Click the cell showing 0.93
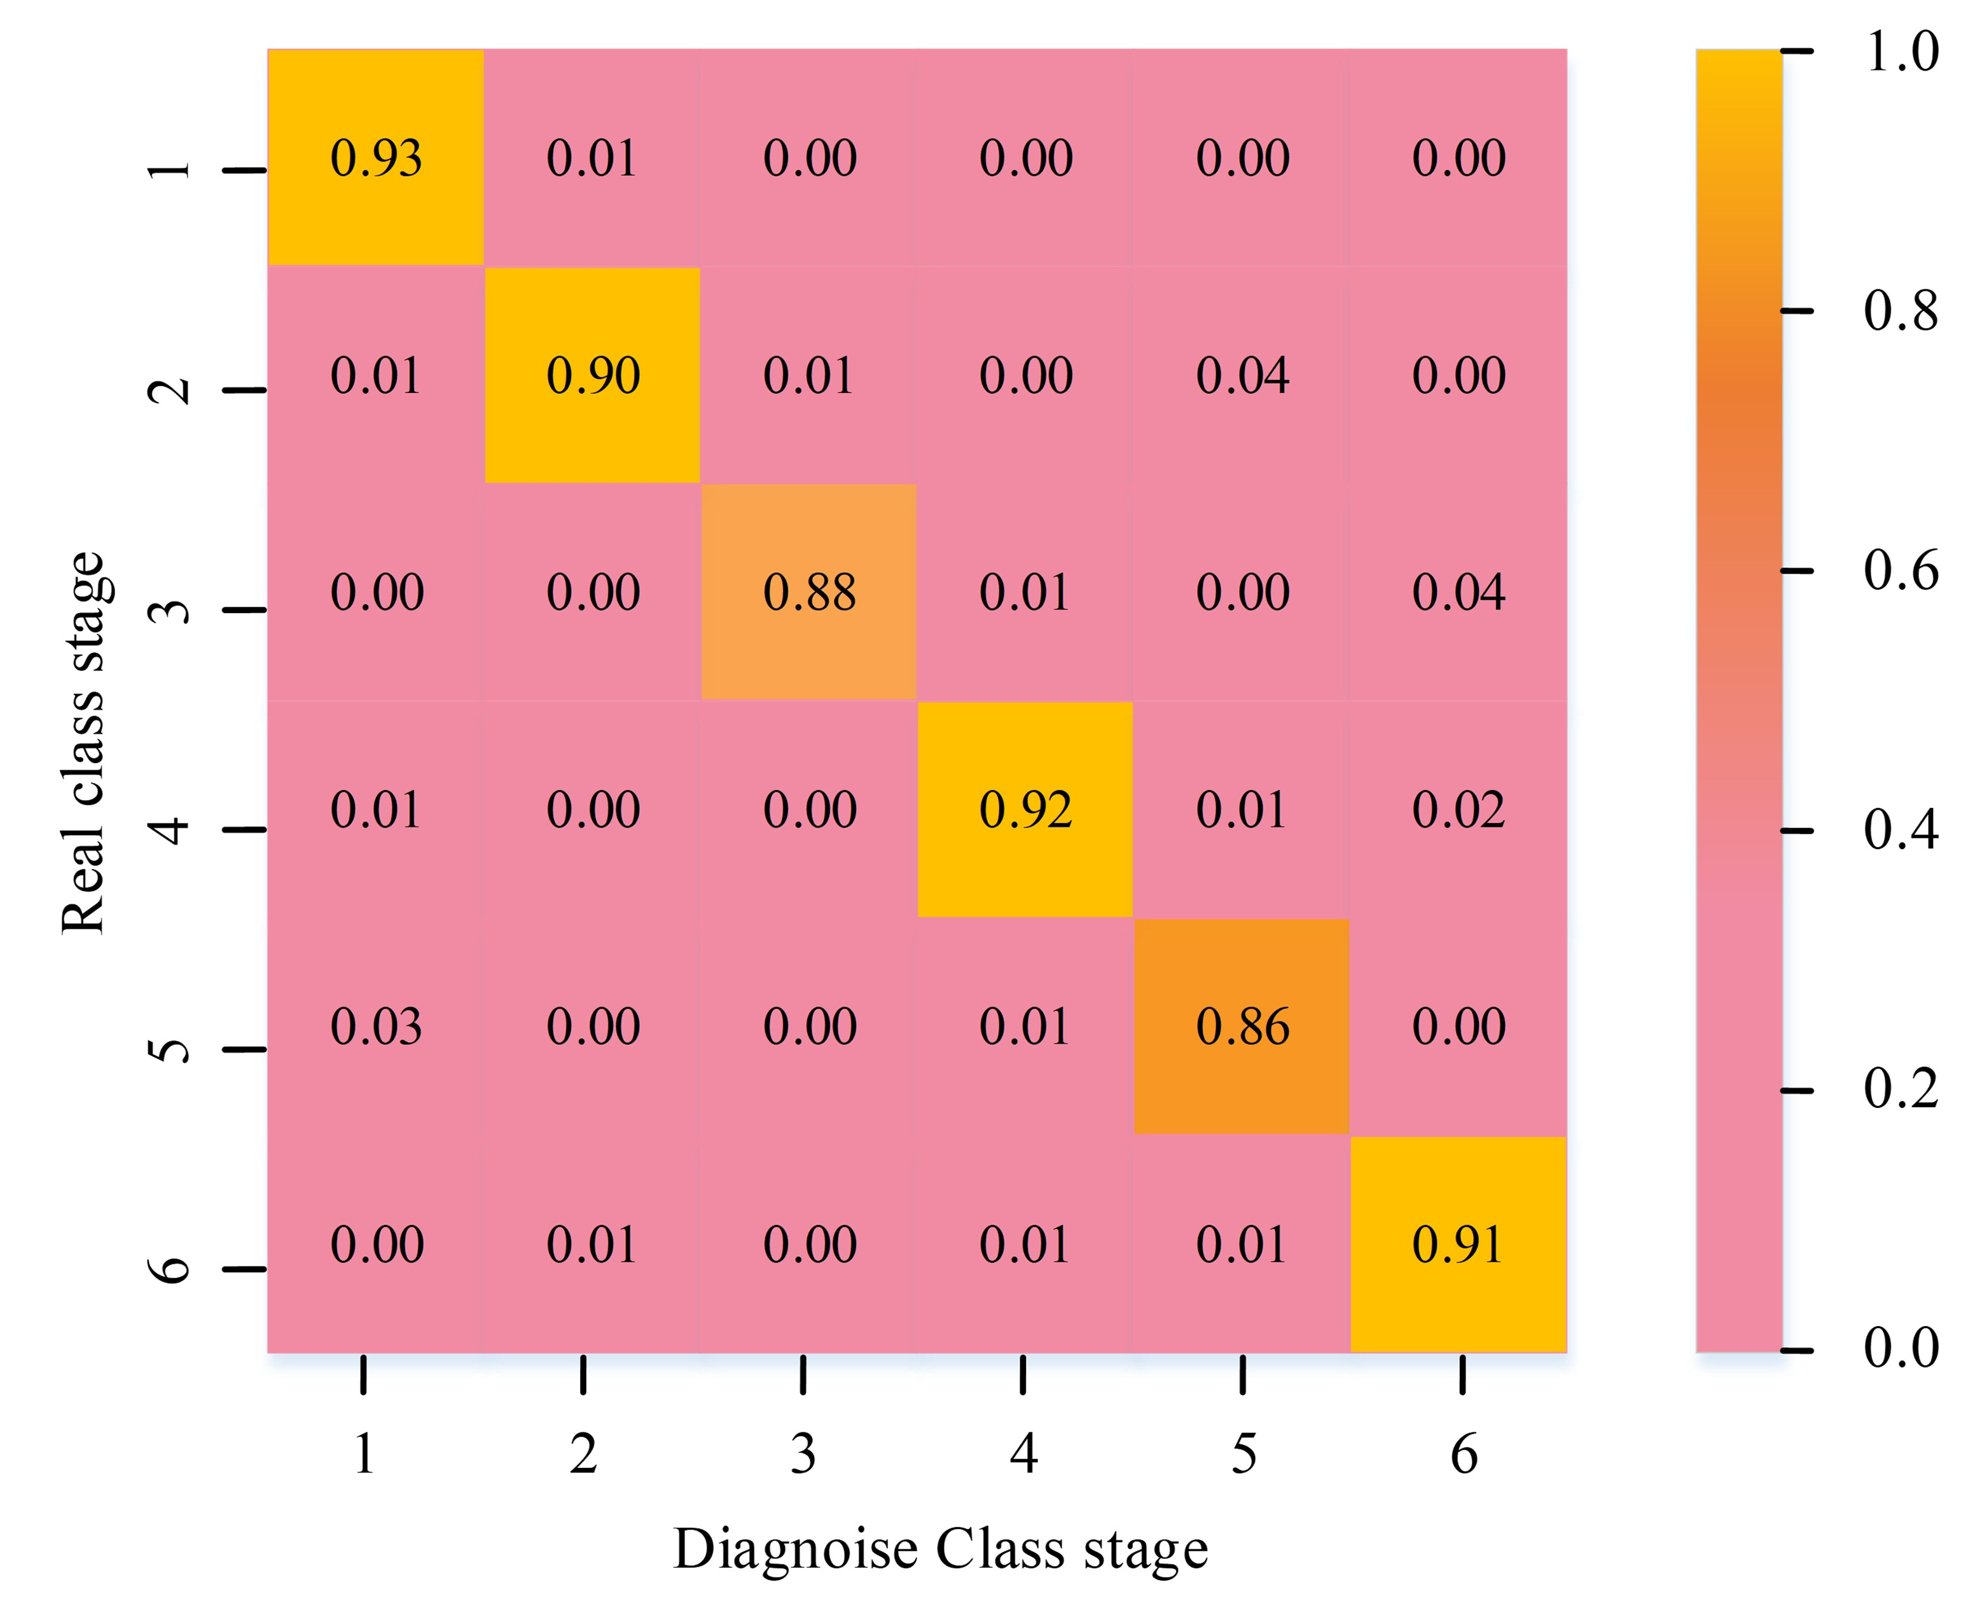pos(376,158)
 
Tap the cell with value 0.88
pos(808,592)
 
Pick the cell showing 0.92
pos(1025,810)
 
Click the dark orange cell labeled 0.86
pos(1242,1026)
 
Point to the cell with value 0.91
pos(1458,1244)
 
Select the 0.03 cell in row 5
pos(376,1026)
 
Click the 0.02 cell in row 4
pos(1458,810)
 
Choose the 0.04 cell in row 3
pos(1458,592)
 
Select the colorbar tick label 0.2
pos(1901,1089)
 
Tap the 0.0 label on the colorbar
pos(1901,1348)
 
